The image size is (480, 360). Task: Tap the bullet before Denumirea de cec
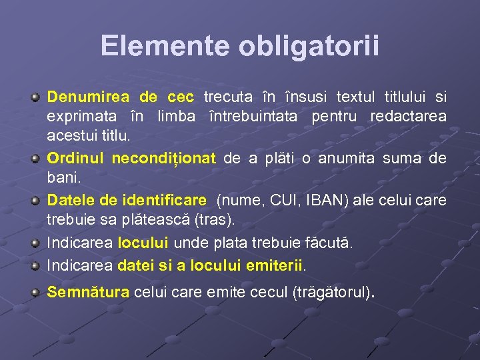tap(36, 97)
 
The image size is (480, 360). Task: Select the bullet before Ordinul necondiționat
tap(36, 159)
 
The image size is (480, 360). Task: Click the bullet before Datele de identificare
tap(36, 200)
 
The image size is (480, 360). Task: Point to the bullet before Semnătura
tap(36, 291)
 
